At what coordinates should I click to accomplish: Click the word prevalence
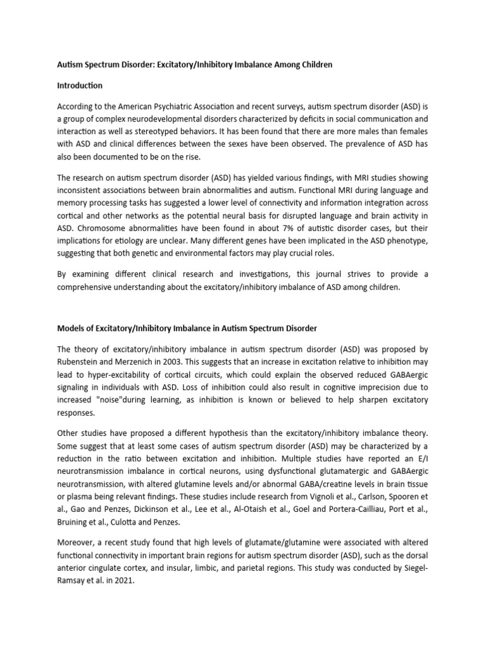[347, 145]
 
